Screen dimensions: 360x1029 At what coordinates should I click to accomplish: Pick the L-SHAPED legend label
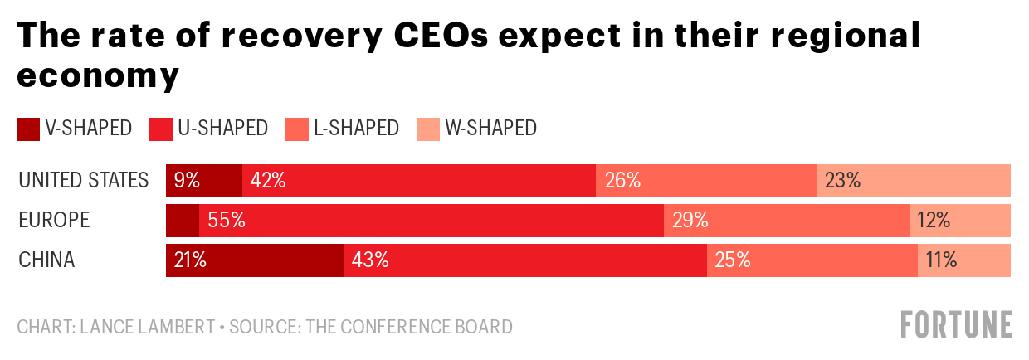pyautogui.click(x=357, y=128)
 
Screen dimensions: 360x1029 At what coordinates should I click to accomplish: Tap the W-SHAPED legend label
pyautogui.click(x=490, y=128)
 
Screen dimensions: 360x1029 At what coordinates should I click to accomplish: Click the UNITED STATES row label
pyautogui.click(x=83, y=180)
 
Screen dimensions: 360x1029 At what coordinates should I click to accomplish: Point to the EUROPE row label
pyautogui.click(x=54, y=220)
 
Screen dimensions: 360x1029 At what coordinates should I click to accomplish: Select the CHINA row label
pyautogui.click(x=46, y=260)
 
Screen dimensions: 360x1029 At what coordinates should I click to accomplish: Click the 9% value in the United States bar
pyautogui.click(x=187, y=180)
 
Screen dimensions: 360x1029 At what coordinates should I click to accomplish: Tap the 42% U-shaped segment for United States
pyautogui.click(x=419, y=180)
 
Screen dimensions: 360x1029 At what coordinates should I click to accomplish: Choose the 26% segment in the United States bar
pyautogui.click(x=705, y=180)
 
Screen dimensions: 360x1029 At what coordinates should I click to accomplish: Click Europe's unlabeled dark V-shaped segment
pyautogui.click(x=183, y=220)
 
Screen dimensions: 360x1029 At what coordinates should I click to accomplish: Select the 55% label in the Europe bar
pyautogui.click(x=227, y=220)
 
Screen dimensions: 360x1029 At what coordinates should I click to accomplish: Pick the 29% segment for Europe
pyautogui.click(x=786, y=220)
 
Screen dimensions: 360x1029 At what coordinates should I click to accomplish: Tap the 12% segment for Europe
pyautogui.click(x=960, y=220)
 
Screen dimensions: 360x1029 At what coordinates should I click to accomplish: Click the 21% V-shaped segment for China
pyautogui.click(x=255, y=260)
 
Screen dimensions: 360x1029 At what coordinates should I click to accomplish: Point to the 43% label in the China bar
pyautogui.click(x=370, y=260)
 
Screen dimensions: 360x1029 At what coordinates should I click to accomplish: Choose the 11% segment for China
pyautogui.click(x=964, y=260)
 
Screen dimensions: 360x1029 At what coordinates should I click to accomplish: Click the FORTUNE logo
pyautogui.click(x=956, y=324)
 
